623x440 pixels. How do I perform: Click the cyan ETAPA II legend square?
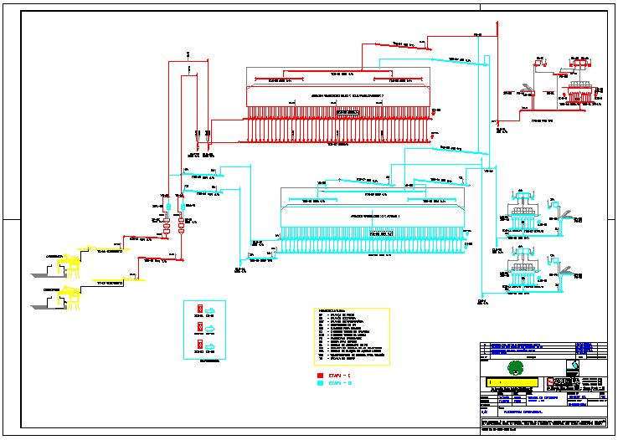click(321, 385)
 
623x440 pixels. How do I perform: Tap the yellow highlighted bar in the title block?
click(511, 383)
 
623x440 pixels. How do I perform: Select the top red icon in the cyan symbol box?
click(200, 308)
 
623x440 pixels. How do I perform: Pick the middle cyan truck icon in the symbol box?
click(214, 326)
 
